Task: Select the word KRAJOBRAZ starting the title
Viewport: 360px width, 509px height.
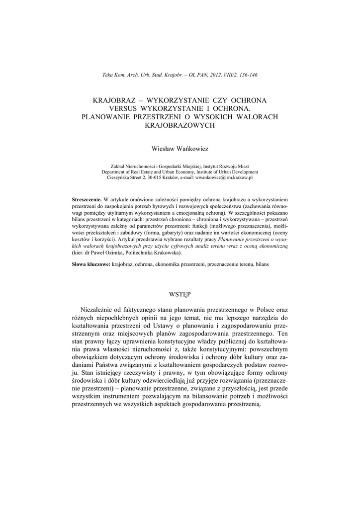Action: coord(114,100)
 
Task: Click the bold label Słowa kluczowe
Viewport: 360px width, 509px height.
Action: coord(91,265)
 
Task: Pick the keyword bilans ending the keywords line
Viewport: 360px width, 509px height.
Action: coord(262,265)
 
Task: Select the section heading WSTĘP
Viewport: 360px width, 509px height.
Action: coord(180,295)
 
